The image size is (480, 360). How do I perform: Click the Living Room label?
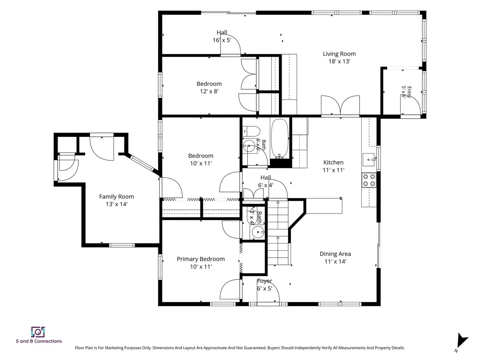point(339,54)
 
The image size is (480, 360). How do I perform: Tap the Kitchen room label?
point(334,162)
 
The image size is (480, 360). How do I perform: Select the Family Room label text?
point(117,197)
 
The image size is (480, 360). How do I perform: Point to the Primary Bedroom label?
point(201,259)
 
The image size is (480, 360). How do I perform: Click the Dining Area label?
point(335,254)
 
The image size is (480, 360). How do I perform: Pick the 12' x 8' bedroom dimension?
point(209,91)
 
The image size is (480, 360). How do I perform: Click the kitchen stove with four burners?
point(369,180)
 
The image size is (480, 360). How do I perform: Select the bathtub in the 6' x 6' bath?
point(279,138)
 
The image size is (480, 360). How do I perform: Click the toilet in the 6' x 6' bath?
point(251,131)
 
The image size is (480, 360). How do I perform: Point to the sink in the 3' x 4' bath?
point(258,232)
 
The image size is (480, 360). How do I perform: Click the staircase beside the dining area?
point(278,232)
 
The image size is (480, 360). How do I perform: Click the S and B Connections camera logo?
point(38,332)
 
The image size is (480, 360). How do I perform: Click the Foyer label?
point(265,281)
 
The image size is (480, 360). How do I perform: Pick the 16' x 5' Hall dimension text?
point(222,40)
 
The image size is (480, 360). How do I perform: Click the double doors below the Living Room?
point(341,106)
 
